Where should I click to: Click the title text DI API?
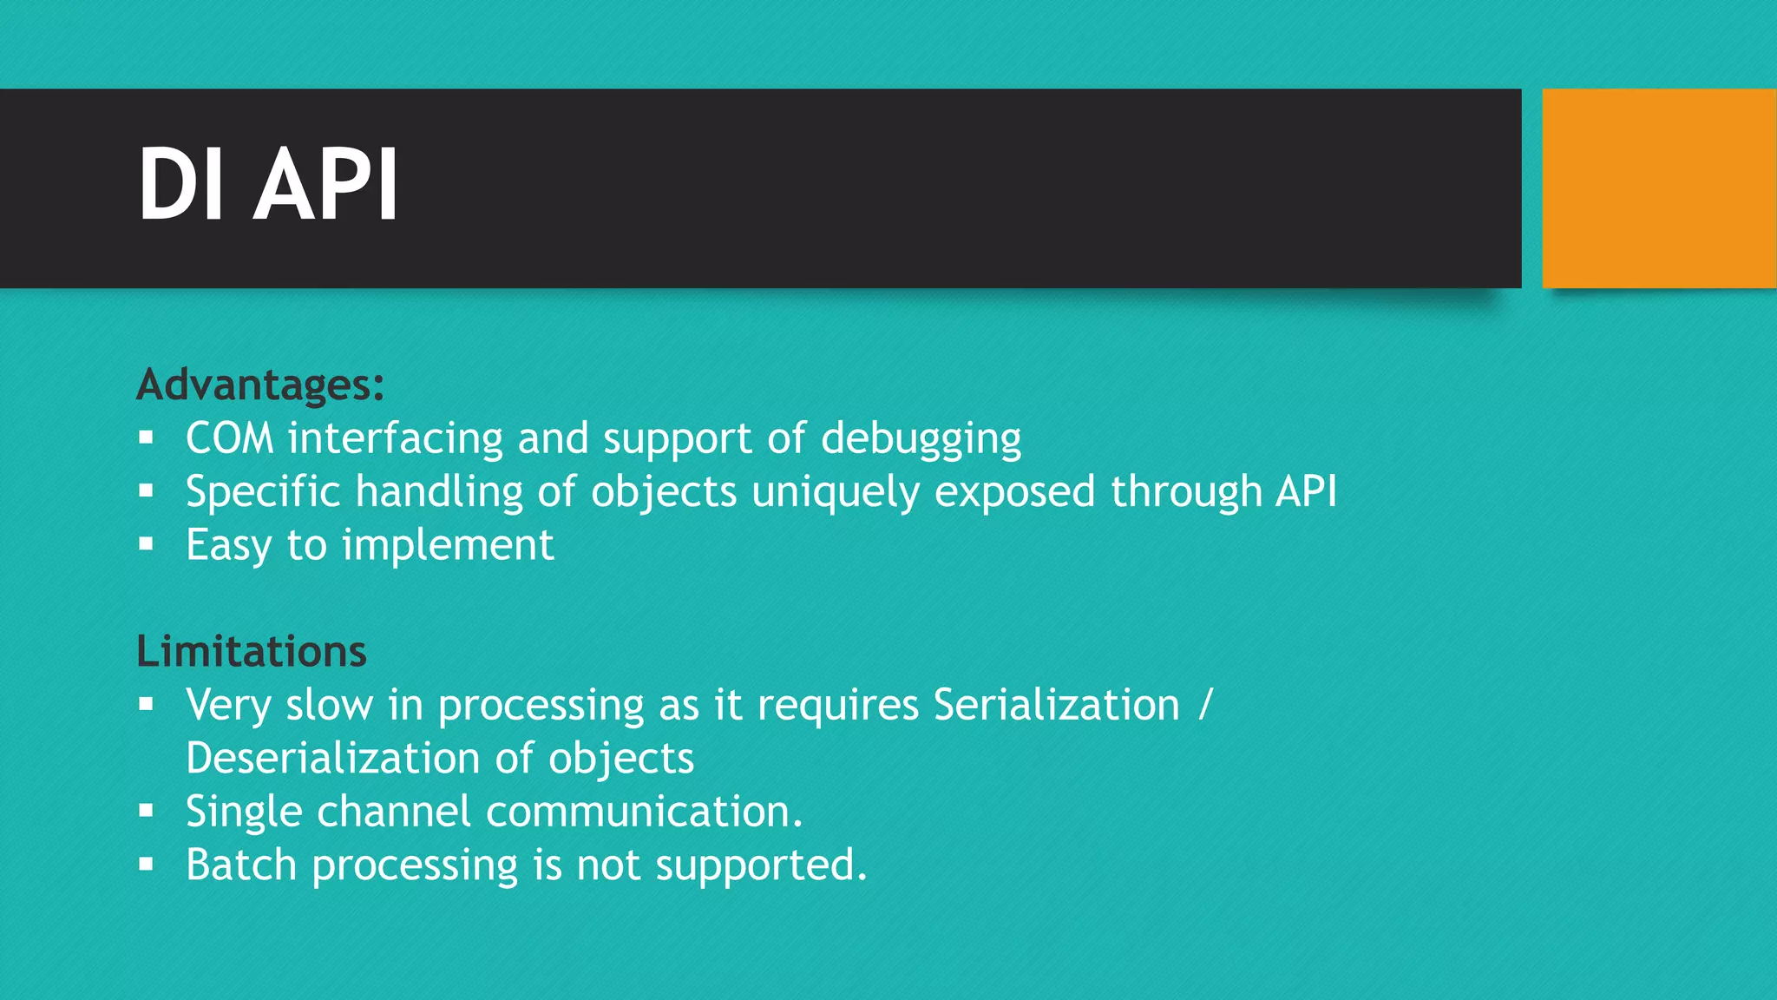(x=268, y=185)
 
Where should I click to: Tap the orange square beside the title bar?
(x=1658, y=187)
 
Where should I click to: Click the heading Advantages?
(x=260, y=385)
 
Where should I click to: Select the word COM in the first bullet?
(x=229, y=438)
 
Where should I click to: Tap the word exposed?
(x=1014, y=492)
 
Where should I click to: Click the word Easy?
(x=228, y=546)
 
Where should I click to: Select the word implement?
(x=448, y=546)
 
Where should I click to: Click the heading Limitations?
(x=252, y=651)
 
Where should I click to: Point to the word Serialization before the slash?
(x=1056, y=705)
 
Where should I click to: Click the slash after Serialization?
(x=1204, y=705)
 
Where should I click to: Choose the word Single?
(x=244, y=812)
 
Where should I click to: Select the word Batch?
(x=241, y=865)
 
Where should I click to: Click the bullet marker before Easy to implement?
(x=146, y=545)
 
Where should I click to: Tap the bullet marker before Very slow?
(x=146, y=704)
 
